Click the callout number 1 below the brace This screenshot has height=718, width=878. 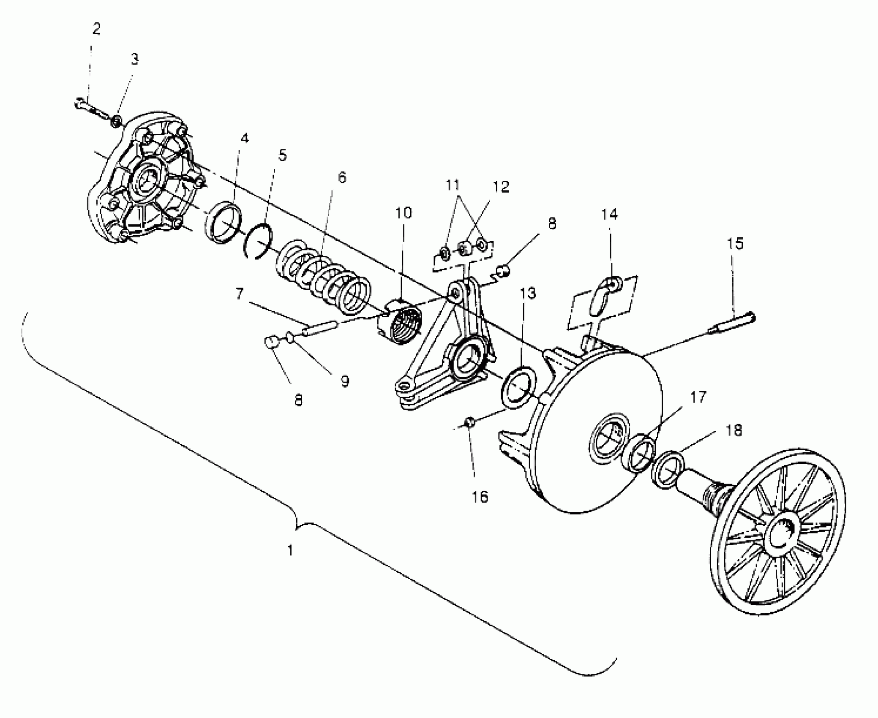290,550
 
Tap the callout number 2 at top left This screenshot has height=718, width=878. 96,29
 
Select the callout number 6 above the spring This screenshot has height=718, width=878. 342,178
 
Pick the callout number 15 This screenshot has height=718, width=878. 735,244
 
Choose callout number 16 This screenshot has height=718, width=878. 480,497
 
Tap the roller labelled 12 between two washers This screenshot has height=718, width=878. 465,248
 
